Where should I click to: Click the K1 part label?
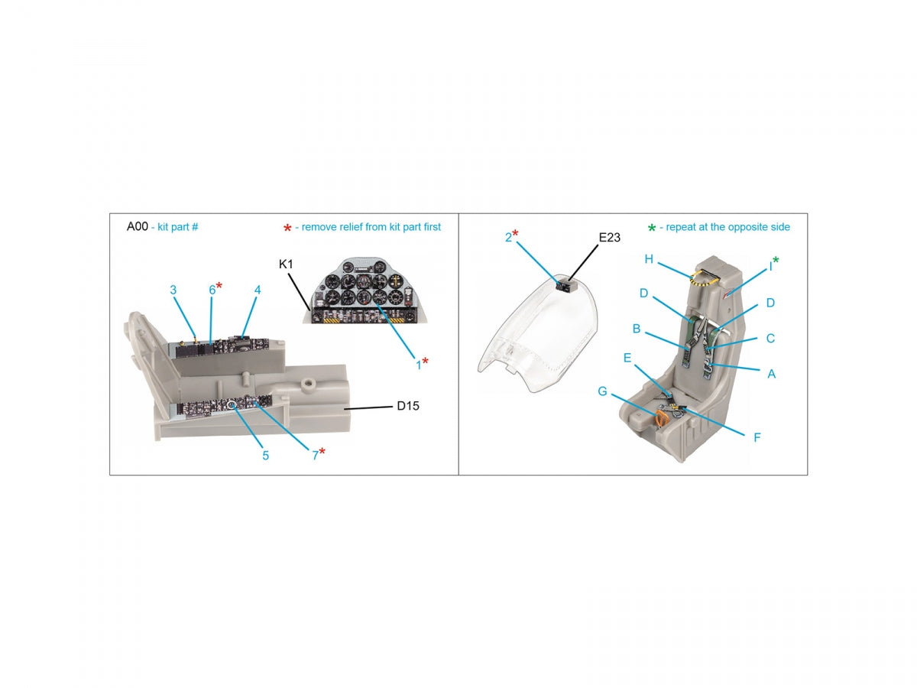pos(286,264)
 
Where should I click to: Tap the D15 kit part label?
pos(408,406)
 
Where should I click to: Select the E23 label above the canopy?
pos(609,237)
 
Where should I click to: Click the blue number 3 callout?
pos(173,290)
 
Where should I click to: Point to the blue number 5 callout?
pos(265,456)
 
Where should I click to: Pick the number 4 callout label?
pos(258,290)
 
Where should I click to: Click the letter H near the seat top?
pos(648,259)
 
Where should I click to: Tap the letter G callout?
pos(602,391)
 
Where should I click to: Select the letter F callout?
pos(757,437)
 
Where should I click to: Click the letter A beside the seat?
pos(771,374)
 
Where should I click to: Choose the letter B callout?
pos(637,329)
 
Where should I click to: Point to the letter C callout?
pos(770,339)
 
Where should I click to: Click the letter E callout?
pos(627,358)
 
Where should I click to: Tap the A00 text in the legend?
pos(137,226)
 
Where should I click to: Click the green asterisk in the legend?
pos(651,228)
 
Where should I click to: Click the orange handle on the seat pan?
pos(660,420)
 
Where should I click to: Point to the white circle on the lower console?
pos(232,405)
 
